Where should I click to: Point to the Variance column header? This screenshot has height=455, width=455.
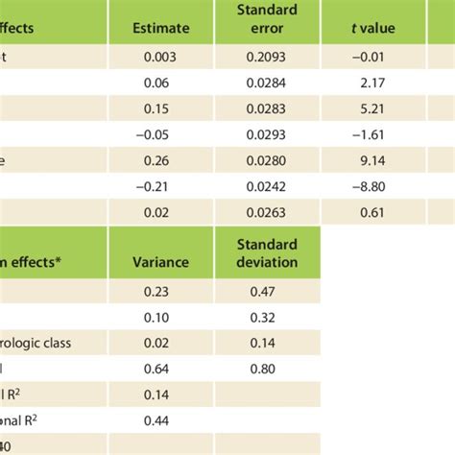[x=163, y=261]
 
